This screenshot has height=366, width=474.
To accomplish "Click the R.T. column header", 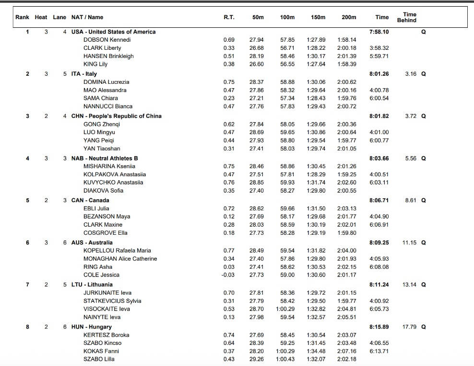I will pyautogui.click(x=229, y=17).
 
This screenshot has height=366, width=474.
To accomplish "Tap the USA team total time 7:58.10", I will pyautogui.click(x=379, y=32).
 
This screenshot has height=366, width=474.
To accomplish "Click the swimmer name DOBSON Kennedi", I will pyautogui.click(x=107, y=40).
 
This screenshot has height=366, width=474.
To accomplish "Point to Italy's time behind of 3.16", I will pyautogui.click(x=410, y=74).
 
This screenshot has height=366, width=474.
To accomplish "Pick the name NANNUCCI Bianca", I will pyautogui.click(x=108, y=106).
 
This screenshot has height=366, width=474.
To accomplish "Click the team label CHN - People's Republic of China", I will pyautogui.click(x=116, y=116).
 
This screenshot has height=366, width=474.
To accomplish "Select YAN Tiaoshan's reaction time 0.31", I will pyautogui.click(x=229, y=149).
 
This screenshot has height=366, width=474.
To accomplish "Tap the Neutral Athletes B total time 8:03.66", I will pyautogui.click(x=379, y=158).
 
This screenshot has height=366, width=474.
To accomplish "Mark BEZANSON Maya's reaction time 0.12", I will pyautogui.click(x=229, y=217).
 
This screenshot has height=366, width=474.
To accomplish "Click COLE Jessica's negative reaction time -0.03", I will pyautogui.click(x=228, y=275).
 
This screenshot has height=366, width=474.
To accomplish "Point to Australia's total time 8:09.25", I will pyautogui.click(x=379, y=242).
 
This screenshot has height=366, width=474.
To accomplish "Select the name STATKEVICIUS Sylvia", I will pyautogui.click(x=112, y=301).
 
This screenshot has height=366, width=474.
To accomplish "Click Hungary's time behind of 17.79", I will pyautogui.click(x=409, y=327).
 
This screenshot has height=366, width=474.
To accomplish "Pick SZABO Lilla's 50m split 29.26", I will pyautogui.click(x=257, y=359).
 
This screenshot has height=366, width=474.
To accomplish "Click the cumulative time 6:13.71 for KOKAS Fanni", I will pyautogui.click(x=379, y=351).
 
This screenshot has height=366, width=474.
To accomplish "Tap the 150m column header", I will pyautogui.click(x=318, y=17).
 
